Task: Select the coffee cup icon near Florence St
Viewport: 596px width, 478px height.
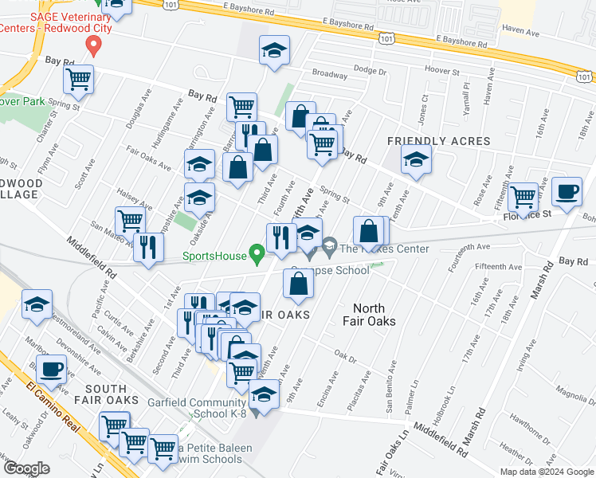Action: coord(566,192)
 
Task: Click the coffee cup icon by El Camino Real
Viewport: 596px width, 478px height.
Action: coord(52,369)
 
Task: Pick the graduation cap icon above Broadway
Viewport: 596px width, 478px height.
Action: coord(273,52)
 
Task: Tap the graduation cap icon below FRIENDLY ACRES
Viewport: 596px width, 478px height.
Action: coord(416,160)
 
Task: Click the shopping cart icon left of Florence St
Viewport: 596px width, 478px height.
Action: coord(523,195)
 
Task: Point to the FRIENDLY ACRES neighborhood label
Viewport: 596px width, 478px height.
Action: coord(426,141)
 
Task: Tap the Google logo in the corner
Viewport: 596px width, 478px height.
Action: coord(26,468)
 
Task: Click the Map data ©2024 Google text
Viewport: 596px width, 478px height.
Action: coord(546,472)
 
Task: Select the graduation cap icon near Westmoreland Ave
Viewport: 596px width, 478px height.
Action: coord(37,305)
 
